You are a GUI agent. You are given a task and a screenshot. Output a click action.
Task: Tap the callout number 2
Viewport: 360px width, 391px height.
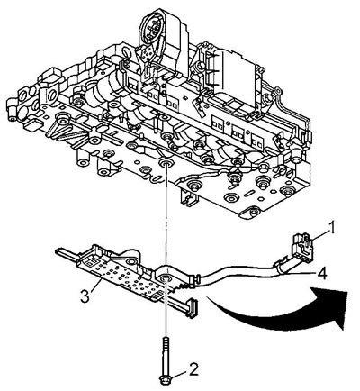point(193,369)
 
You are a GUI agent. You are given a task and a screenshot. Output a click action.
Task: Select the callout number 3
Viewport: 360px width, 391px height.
point(85,296)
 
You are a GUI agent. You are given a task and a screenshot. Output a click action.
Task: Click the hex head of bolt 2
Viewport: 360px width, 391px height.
point(165,379)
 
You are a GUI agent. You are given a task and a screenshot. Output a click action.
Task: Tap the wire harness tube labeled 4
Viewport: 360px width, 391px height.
point(241,273)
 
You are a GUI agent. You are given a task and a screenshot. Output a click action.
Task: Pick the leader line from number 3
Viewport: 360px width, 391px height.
point(95,285)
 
